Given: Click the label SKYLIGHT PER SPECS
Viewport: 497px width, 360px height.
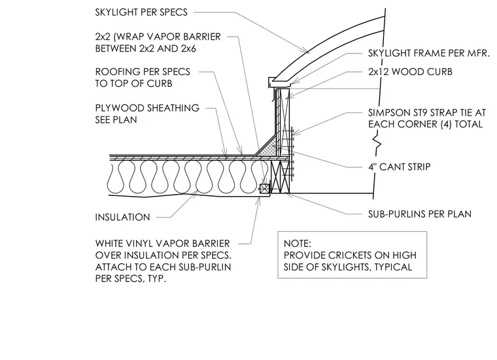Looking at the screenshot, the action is (141, 12).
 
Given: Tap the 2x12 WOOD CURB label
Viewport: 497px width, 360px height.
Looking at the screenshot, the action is (410, 72).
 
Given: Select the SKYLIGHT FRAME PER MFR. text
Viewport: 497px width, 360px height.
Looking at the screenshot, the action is (429, 53).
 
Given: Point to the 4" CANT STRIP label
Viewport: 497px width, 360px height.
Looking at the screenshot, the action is (400, 167).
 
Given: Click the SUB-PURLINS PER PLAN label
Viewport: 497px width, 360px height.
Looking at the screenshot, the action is (420, 214).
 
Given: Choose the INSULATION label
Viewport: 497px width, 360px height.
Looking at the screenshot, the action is (122, 217).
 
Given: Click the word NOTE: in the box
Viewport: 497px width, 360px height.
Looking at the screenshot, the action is (298, 244).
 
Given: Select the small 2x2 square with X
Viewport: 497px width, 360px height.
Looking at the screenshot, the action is (264, 188).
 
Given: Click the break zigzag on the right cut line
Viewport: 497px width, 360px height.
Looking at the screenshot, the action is (377, 141).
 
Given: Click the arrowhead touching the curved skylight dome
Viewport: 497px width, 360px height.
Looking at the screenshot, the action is (306, 52).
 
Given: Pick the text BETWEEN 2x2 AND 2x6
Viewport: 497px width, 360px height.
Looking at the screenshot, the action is (145, 48).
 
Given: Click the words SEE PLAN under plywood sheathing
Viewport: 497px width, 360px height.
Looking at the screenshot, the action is (116, 120).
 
